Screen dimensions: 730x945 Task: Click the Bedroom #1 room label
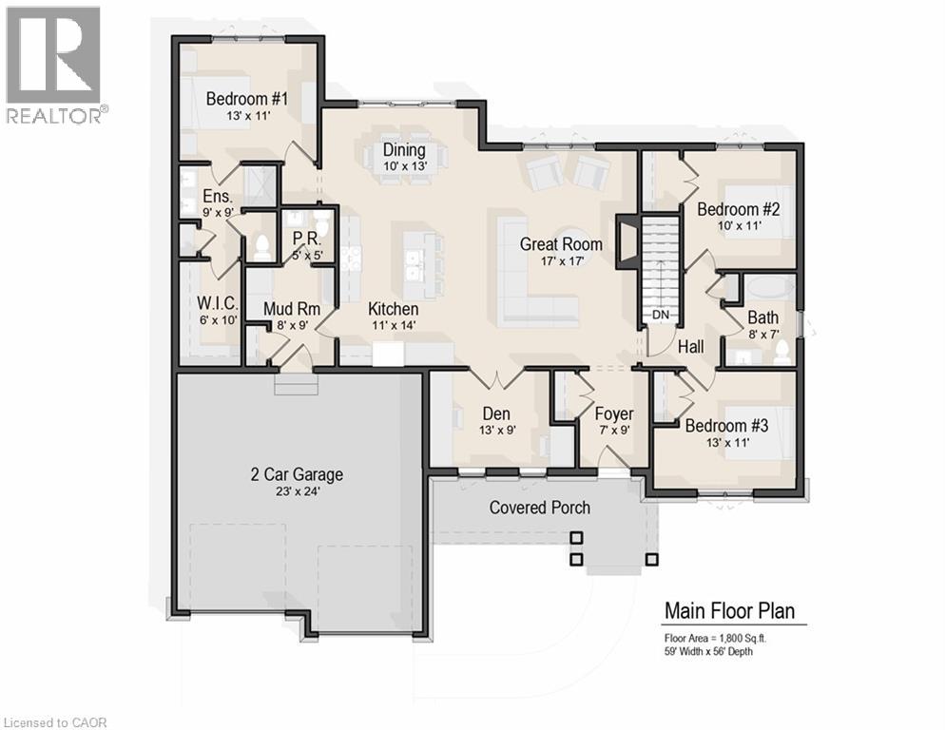247,98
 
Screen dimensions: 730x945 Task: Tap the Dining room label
403,150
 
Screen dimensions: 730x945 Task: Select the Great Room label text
561,244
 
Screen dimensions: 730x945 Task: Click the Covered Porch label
539,508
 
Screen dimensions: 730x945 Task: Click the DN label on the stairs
660,315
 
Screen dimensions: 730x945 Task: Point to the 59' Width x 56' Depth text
716,651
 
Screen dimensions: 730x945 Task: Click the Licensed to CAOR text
55,722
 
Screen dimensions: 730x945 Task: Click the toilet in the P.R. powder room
321,225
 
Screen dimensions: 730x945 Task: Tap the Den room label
496,413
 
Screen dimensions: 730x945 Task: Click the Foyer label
613,413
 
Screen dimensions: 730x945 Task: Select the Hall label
691,348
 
